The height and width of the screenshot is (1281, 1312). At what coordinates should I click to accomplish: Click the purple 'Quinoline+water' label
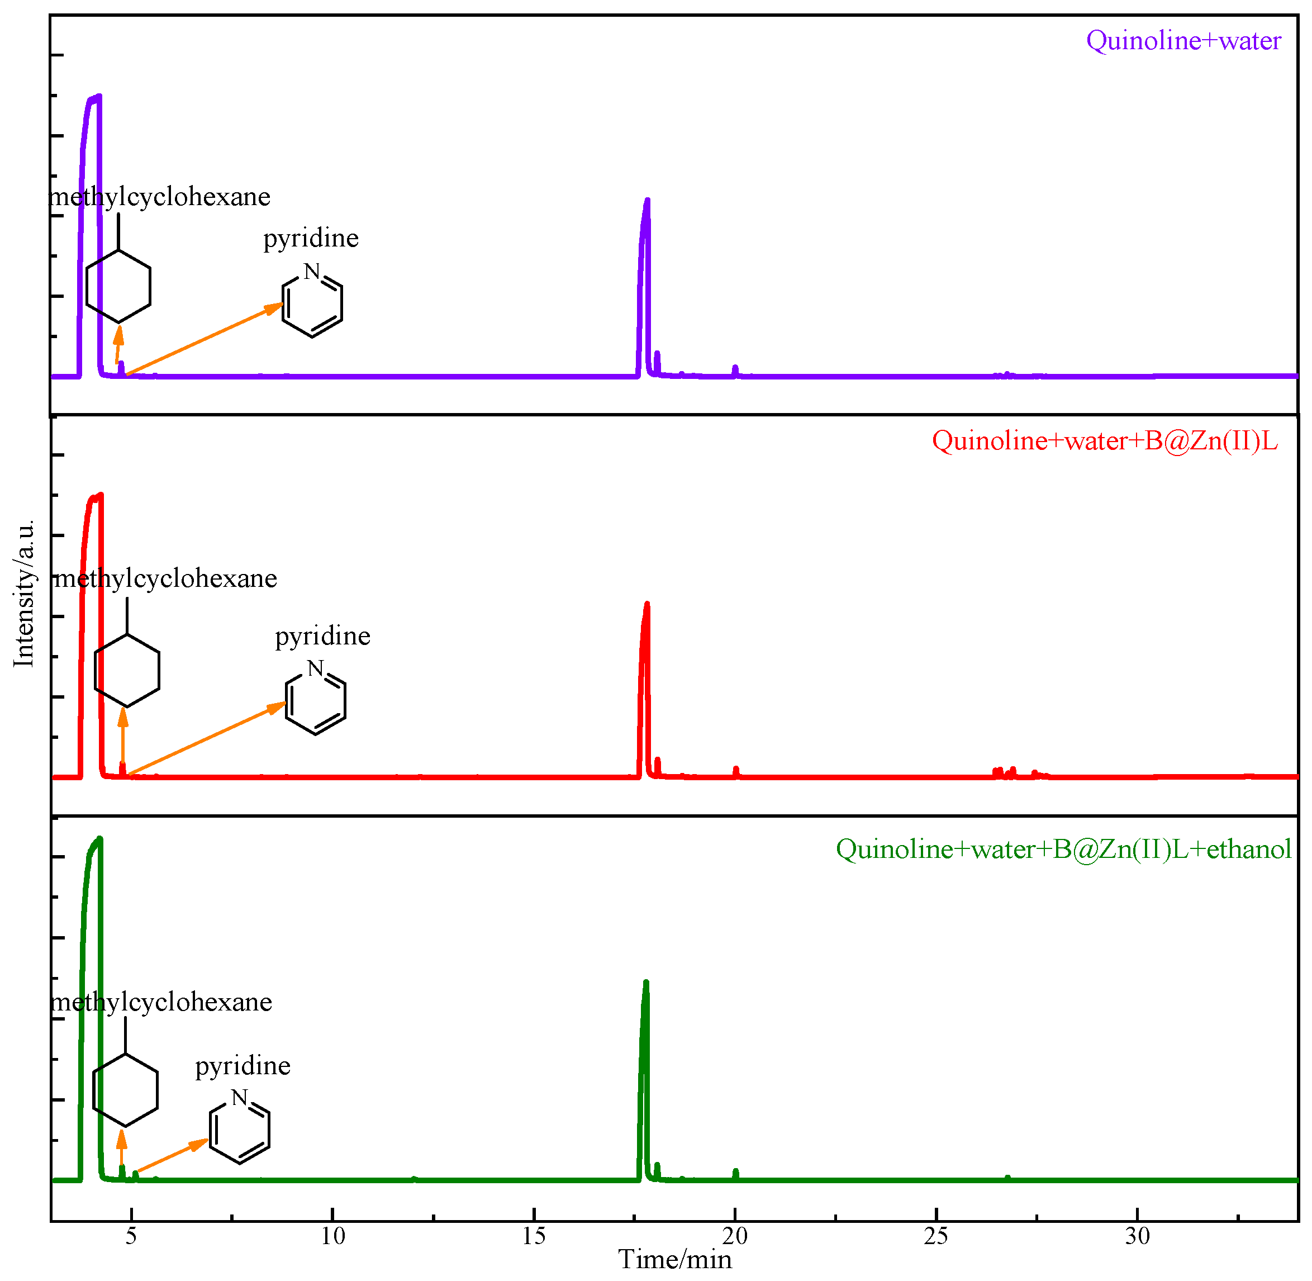tap(1183, 41)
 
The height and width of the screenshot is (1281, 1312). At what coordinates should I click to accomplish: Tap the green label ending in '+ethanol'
tap(1063, 849)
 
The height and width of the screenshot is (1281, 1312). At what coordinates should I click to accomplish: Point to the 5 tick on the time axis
tap(131, 1235)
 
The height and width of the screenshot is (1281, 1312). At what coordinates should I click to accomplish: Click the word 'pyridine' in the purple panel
tap(311, 238)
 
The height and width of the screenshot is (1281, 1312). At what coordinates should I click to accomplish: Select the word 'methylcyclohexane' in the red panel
tap(165, 578)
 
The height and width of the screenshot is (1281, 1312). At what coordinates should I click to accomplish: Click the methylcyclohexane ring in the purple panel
tap(118, 287)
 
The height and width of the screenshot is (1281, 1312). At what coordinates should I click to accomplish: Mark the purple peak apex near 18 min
tap(647, 201)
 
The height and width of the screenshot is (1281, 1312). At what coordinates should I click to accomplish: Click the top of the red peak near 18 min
tap(647, 604)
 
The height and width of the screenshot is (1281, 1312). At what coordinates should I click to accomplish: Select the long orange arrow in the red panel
tap(205, 739)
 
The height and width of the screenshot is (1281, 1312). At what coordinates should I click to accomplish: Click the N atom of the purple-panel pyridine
tap(311, 271)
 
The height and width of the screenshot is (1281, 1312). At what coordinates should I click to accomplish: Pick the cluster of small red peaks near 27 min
tap(1005, 772)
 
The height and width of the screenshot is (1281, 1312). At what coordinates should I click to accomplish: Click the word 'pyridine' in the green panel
tap(243, 1066)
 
